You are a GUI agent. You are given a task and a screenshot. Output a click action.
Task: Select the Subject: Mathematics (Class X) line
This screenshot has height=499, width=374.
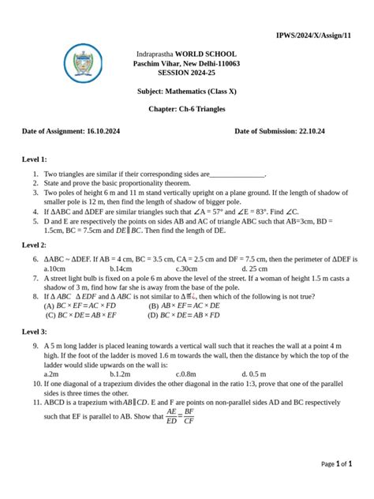(x=186, y=91)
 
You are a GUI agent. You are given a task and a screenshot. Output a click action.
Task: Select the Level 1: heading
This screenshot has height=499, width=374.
(x=35, y=159)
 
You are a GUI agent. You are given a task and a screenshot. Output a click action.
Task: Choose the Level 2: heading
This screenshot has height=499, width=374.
(x=35, y=246)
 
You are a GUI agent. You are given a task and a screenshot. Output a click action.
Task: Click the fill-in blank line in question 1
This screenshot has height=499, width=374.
(x=237, y=174)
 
